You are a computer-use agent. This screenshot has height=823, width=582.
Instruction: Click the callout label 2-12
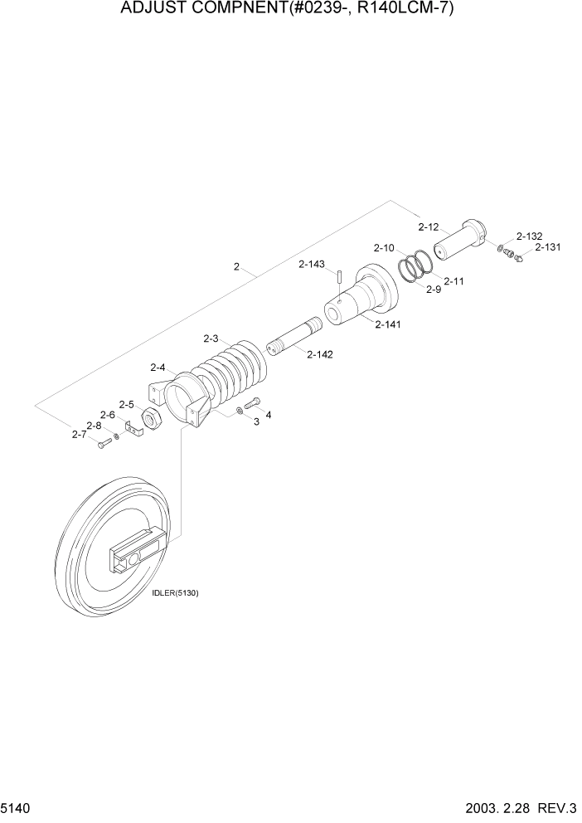click(x=428, y=226)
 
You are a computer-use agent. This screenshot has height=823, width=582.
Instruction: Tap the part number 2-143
click(x=312, y=265)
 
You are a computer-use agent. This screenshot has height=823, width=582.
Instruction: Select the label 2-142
click(x=319, y=354)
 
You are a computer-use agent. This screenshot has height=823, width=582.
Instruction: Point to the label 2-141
click(x=387, y=324)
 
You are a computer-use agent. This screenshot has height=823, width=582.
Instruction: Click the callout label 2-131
click(x=548, y=246)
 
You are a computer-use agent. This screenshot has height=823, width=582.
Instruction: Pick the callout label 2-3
click(x=211, y=338)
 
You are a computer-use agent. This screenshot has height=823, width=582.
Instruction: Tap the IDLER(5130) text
click(x=176, y=593)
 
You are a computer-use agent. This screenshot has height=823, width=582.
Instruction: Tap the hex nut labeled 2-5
click(x=152, y=420)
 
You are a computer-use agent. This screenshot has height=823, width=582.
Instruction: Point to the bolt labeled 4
click(x=254, y=403)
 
